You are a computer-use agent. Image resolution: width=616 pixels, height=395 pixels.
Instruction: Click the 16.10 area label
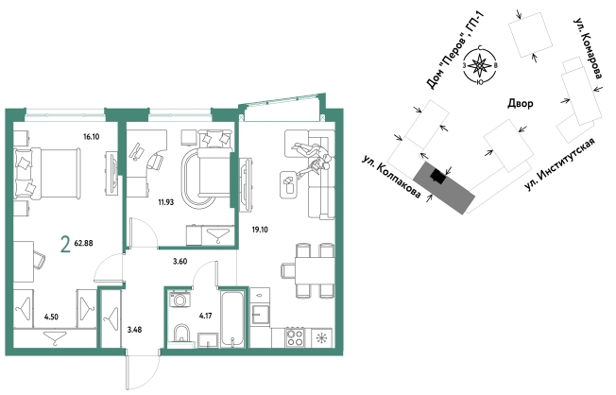[91, 137]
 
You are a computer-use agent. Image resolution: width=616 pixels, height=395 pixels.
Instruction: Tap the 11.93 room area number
[165, 202]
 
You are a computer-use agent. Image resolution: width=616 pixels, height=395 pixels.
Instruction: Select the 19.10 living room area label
[260, 230]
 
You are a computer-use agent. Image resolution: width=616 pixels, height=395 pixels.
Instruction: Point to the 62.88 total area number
[83, 243]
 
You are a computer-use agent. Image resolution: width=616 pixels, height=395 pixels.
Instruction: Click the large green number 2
[65, 244]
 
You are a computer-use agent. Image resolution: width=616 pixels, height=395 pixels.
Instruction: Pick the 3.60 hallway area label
[180, 262]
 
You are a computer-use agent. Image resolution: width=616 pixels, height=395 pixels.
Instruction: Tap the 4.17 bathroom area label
[205, 316]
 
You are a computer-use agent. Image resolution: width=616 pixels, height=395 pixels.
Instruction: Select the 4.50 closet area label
[51, 317]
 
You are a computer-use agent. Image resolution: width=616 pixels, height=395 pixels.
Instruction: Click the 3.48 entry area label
[134, 330]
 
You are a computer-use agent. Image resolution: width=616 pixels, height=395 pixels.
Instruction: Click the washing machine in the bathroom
[180, 299]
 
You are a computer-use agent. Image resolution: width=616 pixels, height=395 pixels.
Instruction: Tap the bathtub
[232, 318]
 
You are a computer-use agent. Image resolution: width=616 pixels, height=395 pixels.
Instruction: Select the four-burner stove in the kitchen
[295, 337]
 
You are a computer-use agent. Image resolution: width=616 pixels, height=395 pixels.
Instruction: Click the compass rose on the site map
[479, 65]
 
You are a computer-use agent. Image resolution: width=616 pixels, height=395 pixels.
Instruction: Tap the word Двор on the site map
[521, 103]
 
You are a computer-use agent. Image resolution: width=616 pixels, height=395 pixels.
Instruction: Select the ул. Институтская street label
[559, 164]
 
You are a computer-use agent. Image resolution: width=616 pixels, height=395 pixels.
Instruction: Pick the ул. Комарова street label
[588, 48]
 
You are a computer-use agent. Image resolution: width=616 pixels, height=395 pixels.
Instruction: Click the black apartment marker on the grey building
[438, 177]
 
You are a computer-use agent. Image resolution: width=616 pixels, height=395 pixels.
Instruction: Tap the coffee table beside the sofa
[289, 184]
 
